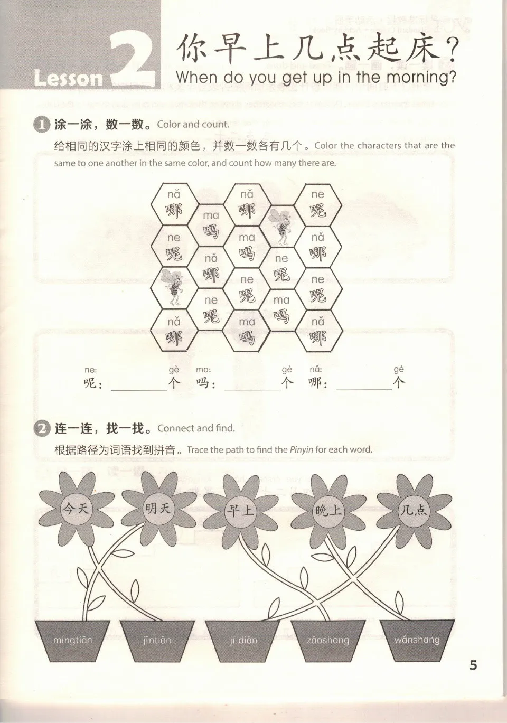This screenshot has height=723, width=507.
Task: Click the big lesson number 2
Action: (133, 59)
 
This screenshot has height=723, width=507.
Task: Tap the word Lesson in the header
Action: (69, 78)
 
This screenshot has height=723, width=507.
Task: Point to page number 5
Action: (473, 665)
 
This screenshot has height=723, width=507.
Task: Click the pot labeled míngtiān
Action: (72, 641)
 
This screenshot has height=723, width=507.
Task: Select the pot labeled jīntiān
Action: (157, 641)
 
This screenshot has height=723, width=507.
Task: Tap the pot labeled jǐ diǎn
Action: (243, 641)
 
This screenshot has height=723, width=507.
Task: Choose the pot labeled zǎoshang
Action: (327, 641)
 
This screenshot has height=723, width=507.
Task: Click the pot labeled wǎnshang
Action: (417, 641)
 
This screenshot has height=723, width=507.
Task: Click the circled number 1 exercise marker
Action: (41, 125)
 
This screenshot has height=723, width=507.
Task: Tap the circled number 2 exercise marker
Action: (41, 428)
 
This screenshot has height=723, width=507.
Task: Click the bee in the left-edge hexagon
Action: (174, 286)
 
